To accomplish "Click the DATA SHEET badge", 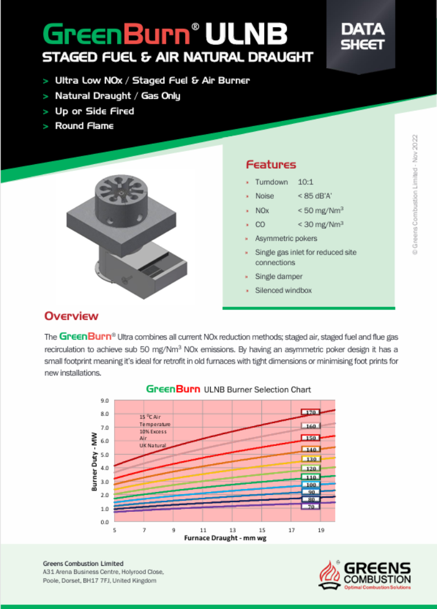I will tap(362, 36).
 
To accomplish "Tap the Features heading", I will tap(270, 165).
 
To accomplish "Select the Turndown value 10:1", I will tap(307, 182).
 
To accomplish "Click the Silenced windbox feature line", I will tap(283, 290).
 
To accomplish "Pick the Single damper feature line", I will tap(278, 277).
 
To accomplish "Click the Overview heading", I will tap(71, 316).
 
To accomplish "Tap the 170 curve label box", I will tap(310, 412).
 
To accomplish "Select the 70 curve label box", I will tap(310, 506).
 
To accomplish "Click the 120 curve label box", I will tap(310, 468).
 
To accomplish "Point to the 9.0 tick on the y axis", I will tap(105, 401).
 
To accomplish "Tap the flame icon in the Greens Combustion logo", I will tap(330, 574).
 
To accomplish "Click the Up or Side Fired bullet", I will tap(94, 111).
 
